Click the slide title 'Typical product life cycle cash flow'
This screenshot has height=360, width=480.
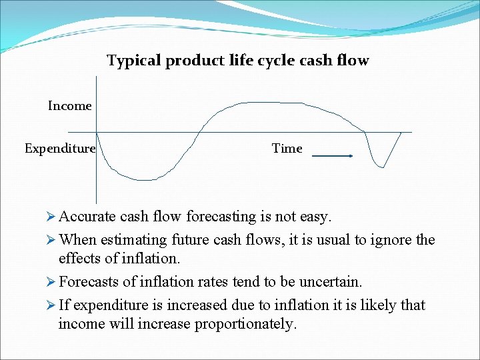(x=237, y=61)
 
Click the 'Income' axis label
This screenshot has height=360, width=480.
(x=69, y=106)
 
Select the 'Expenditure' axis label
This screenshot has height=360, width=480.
(x=60, y=149)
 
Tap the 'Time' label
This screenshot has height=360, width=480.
(x=287, y=149)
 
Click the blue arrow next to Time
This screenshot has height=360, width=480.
(x=333, y=156)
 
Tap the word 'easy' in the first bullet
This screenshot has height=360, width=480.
(x=315, y=217)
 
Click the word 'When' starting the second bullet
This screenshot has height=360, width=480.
(x=77, y=240)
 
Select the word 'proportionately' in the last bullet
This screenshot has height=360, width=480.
(x=245, y=325)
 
